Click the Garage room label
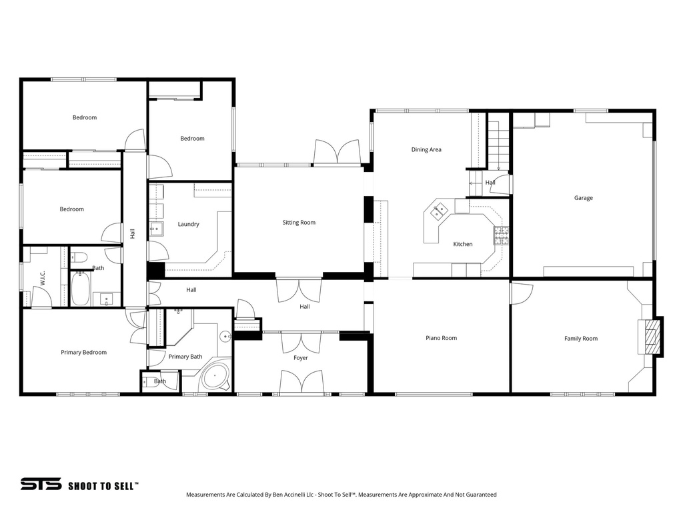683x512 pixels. pos(583,198)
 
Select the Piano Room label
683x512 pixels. pos(441,338)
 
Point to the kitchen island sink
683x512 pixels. pos(439,212)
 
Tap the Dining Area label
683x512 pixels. pos(426,150)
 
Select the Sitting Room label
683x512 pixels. pos(299,223)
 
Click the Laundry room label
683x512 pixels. pos(188,224)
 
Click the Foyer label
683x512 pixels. pos(301,358)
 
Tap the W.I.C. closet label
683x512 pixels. pos(41,277)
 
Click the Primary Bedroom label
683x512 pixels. pos(83,353)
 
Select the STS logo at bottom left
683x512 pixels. pos(41,485)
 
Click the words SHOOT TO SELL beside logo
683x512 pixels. pos(103,486)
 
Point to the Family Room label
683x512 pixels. pos(580,339)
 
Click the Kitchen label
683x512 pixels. pos(463,244)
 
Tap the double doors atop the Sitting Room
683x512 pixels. pos(337,153)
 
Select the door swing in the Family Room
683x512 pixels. pos(521,293)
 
